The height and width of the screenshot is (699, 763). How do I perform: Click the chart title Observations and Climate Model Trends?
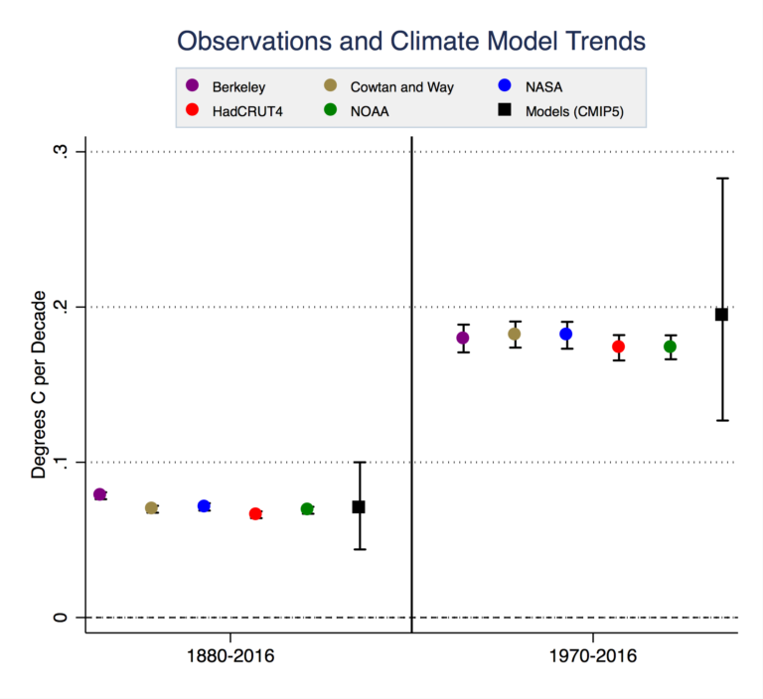[x=411, y=41]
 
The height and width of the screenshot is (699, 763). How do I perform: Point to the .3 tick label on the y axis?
[x=62, y=151]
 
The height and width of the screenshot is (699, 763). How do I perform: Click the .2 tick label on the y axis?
[x=62, y=307]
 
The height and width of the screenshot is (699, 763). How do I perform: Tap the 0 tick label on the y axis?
[x=62, y=618]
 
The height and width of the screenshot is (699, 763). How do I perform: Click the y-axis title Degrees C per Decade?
[x=39, y=385]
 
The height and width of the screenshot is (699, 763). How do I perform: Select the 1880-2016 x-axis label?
[x=230, y=656]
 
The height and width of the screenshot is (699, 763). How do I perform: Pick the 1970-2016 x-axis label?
[x=593, y=656]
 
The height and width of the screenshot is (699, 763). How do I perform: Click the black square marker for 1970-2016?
[x=722, y=314]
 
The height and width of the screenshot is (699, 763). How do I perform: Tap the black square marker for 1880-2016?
[x=359, y=506]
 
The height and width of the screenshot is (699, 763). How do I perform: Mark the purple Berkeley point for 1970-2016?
[x=462, y=338]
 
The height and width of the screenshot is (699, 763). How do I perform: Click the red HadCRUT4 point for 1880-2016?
[x=255, y=513]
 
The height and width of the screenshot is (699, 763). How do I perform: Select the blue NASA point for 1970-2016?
[x=566, y=334]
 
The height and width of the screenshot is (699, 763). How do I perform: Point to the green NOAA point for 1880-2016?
[x=307, y=508]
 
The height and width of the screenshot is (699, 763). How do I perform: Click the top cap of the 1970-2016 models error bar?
[x=722, y=178]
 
